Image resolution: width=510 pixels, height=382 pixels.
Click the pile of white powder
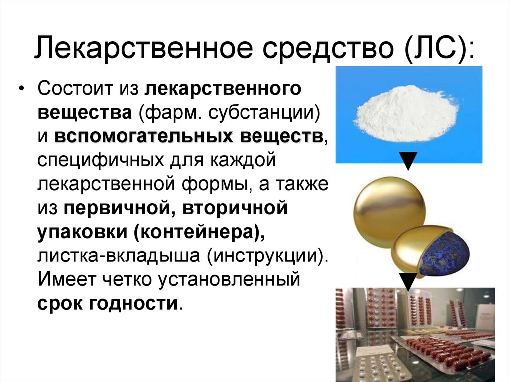406,114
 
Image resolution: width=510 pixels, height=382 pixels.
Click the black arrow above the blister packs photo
408,281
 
